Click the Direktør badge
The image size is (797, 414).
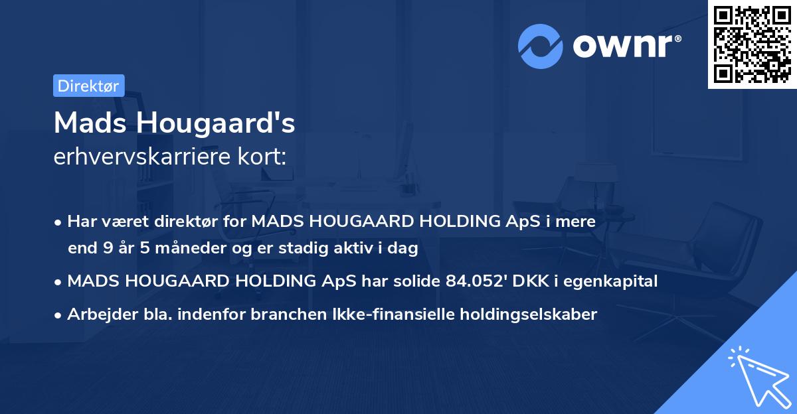[x=88, y=86]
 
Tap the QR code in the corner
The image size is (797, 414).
[x=752, y=44]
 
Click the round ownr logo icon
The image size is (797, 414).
[x=540, y=46]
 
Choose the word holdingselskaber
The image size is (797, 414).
[x=525, y=314]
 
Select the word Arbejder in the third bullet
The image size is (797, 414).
[x=97, y=314]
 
